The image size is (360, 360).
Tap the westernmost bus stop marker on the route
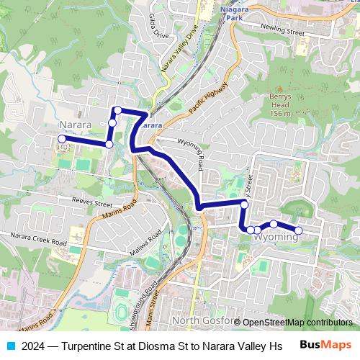pyautogui.click(x=62, y=139)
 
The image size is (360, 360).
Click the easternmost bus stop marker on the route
pyautogui.click(x=299, y=230)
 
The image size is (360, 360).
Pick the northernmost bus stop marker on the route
pyautogui.click(x=117, y=110)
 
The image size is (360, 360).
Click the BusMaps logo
pyautogui.click(x=326, y=345)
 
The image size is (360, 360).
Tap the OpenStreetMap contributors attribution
pyautogui.click(x=297, y=323)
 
